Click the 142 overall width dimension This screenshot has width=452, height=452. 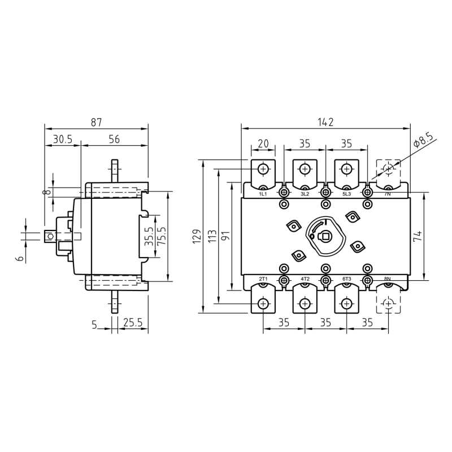click(325, 122)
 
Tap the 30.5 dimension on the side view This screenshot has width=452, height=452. click(62, 139)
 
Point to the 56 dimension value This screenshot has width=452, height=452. click(114, 139)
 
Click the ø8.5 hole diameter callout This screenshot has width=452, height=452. click(423, 140)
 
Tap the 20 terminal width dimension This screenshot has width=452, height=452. click(263, 144)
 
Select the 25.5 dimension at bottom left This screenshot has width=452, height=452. click(132, 324)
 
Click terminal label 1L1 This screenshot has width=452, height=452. click(263, 194)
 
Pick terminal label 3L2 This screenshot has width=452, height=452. click(305, 194)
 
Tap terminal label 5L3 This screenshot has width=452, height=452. click(346, 194)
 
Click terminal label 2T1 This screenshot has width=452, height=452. click(263, 279)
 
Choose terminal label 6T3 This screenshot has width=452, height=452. click(346, 279)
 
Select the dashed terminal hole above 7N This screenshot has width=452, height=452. click(388, 169)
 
